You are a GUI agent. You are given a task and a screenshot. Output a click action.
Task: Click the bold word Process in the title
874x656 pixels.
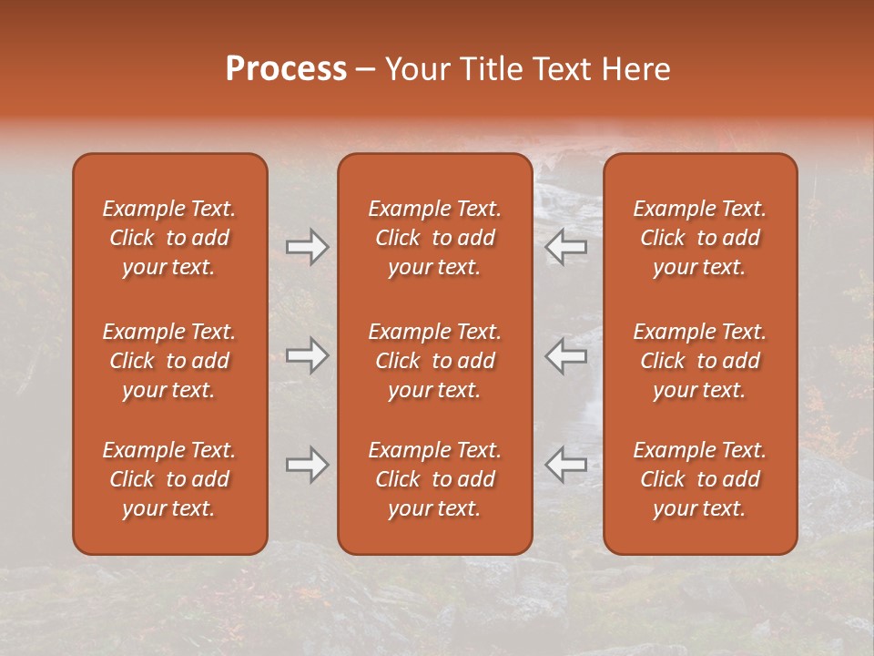point(286,69)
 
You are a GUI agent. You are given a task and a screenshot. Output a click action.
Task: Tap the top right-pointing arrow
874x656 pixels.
point(307,247)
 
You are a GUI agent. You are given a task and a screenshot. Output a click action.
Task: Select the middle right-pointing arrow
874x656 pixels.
point(307,355)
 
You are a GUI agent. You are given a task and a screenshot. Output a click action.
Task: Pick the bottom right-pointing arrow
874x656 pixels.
point(307,465)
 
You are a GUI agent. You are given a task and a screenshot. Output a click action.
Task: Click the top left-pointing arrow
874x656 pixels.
point(566,247)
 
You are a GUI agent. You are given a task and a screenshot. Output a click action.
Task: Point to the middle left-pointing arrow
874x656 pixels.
point(566,355)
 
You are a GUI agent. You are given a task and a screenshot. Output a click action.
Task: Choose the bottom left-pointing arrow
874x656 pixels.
point(566,465)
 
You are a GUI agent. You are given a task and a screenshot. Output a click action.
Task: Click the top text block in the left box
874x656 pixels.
point(169,238)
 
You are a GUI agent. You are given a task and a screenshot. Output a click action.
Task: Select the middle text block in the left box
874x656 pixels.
point(169,361)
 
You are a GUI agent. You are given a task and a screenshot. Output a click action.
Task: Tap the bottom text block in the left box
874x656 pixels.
point(169,479)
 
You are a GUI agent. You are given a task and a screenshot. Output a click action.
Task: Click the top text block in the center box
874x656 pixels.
point(435,238)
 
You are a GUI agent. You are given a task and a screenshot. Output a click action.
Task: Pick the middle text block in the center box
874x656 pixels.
point(435,361)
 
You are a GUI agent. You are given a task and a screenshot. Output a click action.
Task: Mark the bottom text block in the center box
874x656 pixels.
point(435,479)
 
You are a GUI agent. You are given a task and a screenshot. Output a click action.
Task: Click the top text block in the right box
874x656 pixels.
point(700,238)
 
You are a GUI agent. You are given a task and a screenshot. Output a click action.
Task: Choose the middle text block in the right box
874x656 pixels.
point(700,361)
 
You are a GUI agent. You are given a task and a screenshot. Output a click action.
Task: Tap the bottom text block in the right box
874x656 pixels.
point(700,479)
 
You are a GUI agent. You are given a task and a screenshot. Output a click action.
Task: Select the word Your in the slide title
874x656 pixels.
point(418,69)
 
